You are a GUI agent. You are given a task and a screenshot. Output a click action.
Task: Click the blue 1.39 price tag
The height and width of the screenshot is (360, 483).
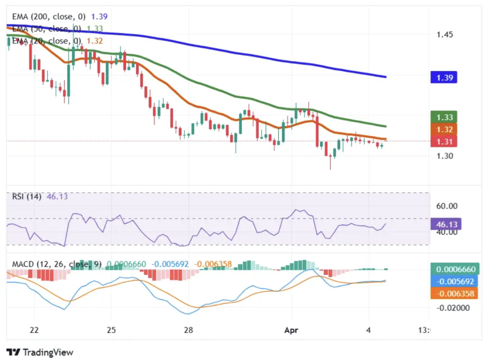click(444, 77)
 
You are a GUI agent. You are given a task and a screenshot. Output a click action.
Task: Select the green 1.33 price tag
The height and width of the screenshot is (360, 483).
click(444, 117)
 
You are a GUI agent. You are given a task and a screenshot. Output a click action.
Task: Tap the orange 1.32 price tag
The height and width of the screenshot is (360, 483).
click(444, 129)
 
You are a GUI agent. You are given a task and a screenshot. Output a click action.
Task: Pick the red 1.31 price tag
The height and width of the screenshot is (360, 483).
click(444, 141)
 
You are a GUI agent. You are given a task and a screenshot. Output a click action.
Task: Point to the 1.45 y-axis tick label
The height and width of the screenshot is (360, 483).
click(445, 34)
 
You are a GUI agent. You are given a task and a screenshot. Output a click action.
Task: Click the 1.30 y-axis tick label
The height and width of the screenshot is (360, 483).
click(445, 156)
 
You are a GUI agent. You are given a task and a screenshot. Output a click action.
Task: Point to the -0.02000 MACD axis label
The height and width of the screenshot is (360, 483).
click(453, 308)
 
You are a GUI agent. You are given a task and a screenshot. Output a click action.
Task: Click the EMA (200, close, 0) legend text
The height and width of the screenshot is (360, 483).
click(49, 16)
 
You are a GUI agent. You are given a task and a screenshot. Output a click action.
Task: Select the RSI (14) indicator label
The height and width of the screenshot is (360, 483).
click(27, 196)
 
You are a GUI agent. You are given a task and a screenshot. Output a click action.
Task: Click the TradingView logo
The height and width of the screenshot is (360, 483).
click(40, 352)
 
